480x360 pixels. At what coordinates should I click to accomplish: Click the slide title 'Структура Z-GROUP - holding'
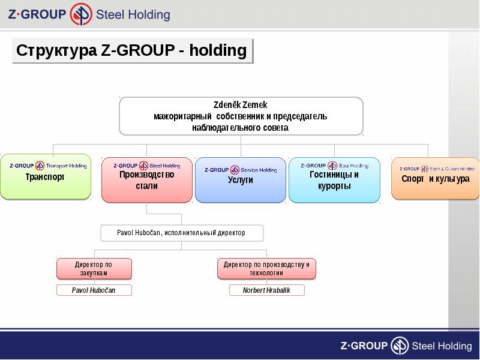click(131, 50)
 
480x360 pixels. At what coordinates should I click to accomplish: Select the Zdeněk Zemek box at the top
click(241, 116)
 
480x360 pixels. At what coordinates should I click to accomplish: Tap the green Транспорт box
click(46, 177)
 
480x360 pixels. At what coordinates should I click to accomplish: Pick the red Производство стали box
click(147, 180)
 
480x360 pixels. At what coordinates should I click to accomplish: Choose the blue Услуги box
click(241, 180)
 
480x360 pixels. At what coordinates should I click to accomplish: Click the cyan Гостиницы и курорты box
click(334, 180)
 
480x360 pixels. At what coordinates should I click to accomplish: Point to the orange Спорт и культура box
click(435, 178)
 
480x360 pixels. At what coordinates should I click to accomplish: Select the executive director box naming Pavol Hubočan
click(181, 233)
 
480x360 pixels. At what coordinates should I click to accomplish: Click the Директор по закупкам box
click(94, 269)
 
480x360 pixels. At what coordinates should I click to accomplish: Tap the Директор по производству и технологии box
click(266, 269)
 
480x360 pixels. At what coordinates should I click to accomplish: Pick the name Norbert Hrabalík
click(266, 290)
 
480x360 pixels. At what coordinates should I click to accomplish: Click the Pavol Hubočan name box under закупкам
click(94, 290)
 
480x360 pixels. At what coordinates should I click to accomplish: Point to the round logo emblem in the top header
click(82, 14)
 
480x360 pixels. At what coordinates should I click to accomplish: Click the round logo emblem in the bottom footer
click(400, 346)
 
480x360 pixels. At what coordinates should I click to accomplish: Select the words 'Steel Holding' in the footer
click(442, 346)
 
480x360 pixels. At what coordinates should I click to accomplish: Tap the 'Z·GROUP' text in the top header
click(37, 15)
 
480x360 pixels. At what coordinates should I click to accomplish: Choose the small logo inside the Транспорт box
click(41, 166)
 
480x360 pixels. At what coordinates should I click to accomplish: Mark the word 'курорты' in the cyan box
click(334, 186)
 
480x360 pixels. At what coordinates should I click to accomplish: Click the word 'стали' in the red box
click(147, 186)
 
